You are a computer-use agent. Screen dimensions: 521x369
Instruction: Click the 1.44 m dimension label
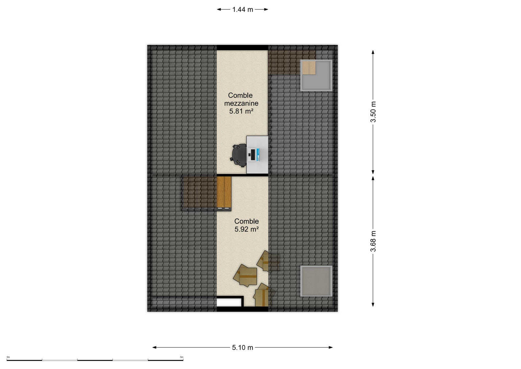(x=243, y=10)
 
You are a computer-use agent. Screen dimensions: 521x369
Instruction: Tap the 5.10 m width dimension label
(x=242, y=347)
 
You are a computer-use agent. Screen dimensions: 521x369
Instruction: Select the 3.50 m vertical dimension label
(x=373, y=112)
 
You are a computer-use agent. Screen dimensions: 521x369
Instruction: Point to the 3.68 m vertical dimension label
(x=373, y=241)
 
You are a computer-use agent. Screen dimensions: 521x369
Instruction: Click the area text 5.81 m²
(x=241, y=111)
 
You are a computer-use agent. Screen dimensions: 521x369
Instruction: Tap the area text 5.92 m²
(x=247, y=229)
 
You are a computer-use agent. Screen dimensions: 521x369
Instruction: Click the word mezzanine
(x=241, y=103)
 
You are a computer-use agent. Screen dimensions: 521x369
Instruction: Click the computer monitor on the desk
(x=254, y=155)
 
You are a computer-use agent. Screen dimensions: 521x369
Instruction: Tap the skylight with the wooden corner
(x=316, y=75)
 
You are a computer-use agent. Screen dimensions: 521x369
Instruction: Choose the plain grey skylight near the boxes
(x=316, y=281)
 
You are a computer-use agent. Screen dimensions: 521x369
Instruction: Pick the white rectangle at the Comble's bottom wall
(x=229, y=302)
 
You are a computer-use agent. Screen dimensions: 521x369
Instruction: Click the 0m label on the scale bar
(x=8, y=357)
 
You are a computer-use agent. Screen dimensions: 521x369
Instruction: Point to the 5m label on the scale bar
(x=182, y=357)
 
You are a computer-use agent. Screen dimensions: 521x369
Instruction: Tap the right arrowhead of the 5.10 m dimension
(x=331, y=347)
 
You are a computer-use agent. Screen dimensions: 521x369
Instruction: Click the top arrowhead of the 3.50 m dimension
(x=373, y=52)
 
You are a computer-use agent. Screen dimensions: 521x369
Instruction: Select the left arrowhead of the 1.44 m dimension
(x=219, y=9)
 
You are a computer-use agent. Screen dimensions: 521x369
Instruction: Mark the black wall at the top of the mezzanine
(x=242, y=48)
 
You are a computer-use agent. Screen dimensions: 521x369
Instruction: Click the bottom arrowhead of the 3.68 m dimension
(x=373, y=304)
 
